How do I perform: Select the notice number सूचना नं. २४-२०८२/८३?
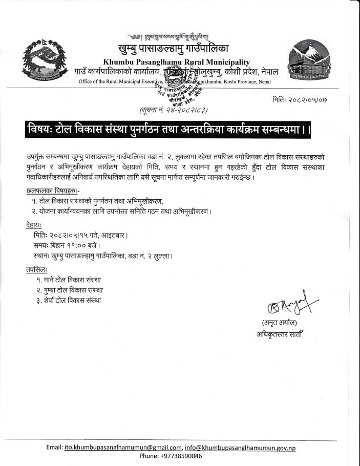pyautogui.click(x=173, y=110)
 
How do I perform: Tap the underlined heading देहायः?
pyautogui.click(x=34, y=225)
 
